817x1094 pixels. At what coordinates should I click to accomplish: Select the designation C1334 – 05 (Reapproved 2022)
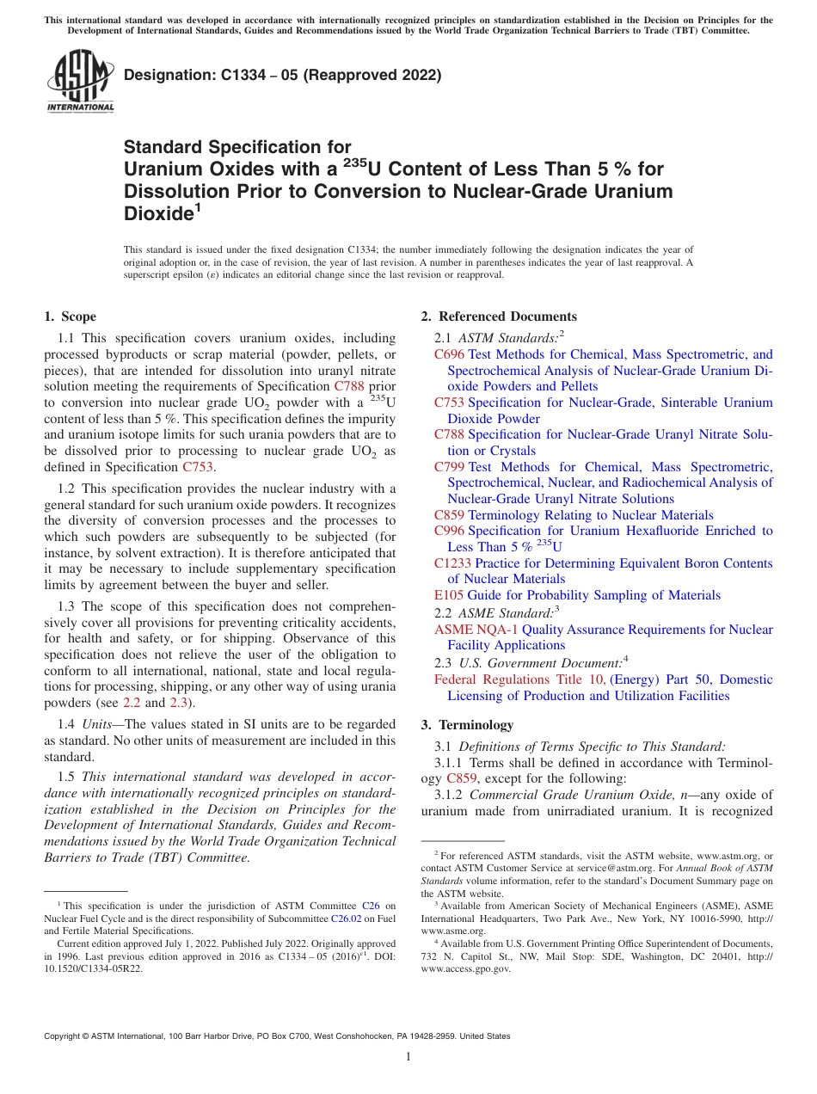282,76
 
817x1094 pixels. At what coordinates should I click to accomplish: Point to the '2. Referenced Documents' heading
499,317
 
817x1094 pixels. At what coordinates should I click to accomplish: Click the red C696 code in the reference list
449,354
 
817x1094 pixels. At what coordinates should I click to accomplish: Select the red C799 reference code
449,467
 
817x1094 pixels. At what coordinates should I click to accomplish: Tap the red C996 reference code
449,531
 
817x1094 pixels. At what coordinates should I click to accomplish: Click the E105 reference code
448,595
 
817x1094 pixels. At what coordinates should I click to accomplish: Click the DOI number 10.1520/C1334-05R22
94,968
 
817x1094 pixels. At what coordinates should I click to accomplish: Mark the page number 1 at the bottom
408,1057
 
